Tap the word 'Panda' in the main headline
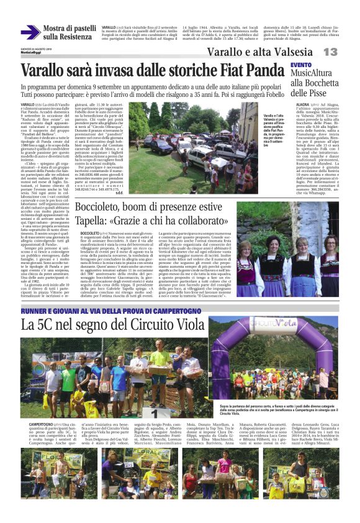tap(264, 69)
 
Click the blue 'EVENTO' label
tap(301, 65)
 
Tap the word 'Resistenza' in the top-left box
tap(64, 37)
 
